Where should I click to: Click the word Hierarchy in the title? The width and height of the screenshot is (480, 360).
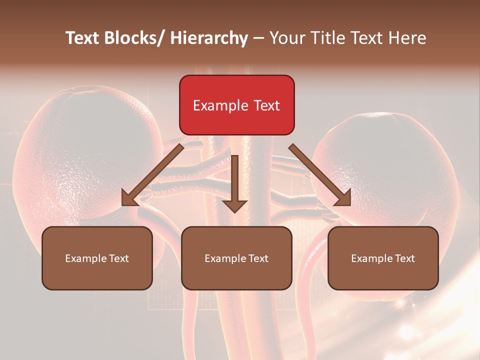[209, 38]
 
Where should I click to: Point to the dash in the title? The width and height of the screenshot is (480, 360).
[258, 38]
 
